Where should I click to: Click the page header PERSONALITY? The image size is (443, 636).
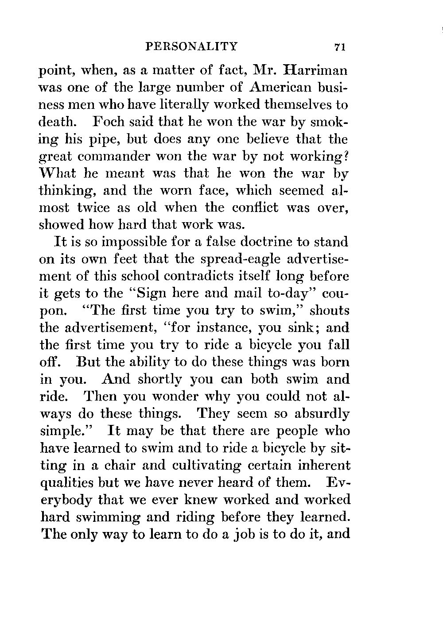point(192,46)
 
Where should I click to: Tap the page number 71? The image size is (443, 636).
point(340,47)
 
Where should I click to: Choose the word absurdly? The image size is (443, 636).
point(322,414)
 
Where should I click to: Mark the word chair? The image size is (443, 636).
point(120,465)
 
